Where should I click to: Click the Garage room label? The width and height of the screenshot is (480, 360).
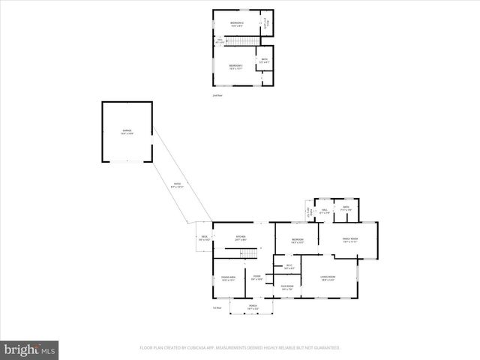(127, 132)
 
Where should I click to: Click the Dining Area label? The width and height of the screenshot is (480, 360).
(228, 278)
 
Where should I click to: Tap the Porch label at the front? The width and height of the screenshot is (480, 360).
(253, 306)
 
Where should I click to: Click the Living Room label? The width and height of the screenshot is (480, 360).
(328, 278)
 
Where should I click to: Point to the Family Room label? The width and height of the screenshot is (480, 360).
(350, 240)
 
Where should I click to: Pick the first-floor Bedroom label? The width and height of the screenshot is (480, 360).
(296, 240)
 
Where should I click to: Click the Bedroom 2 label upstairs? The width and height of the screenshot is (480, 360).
(237, 24)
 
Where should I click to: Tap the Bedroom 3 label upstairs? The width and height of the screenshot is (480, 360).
(235, 66)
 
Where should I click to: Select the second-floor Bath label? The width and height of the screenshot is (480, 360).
(264, 60)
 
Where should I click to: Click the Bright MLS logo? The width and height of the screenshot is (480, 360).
(30, 349)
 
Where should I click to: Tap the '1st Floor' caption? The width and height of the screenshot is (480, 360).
(217, 308)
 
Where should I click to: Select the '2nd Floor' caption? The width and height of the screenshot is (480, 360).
(217, 95)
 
